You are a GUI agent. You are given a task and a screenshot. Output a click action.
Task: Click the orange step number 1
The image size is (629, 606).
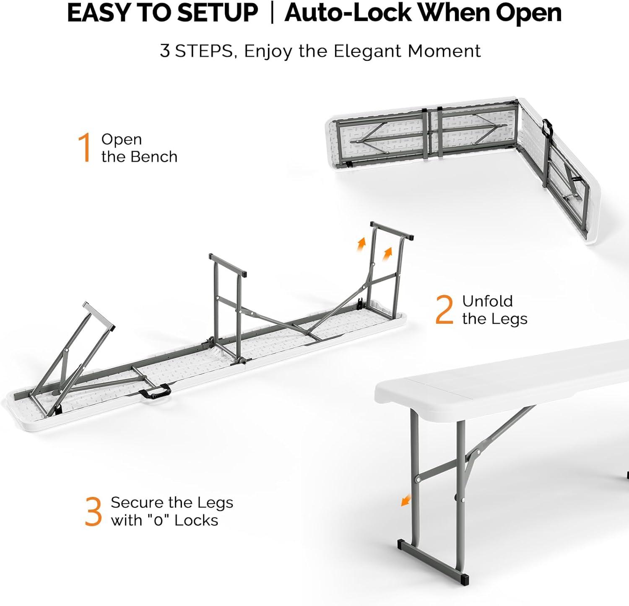coord(85,148)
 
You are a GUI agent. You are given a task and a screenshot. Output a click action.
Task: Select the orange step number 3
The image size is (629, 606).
coord(93,512)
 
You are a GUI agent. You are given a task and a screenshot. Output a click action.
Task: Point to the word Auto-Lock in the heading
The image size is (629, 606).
coord(348,13)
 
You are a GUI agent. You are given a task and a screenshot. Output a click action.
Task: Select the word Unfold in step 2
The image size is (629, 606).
coord(487,301)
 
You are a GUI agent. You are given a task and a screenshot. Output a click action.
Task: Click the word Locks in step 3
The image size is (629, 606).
coord(196,520)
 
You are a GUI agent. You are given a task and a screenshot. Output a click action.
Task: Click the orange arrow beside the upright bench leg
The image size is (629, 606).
coord(405,500)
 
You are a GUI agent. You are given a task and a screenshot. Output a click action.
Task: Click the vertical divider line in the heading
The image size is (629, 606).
coord(272,13)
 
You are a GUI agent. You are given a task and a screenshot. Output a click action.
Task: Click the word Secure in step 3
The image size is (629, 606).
coord(137,502)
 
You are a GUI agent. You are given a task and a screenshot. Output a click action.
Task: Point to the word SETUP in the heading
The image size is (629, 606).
coord(216,13)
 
